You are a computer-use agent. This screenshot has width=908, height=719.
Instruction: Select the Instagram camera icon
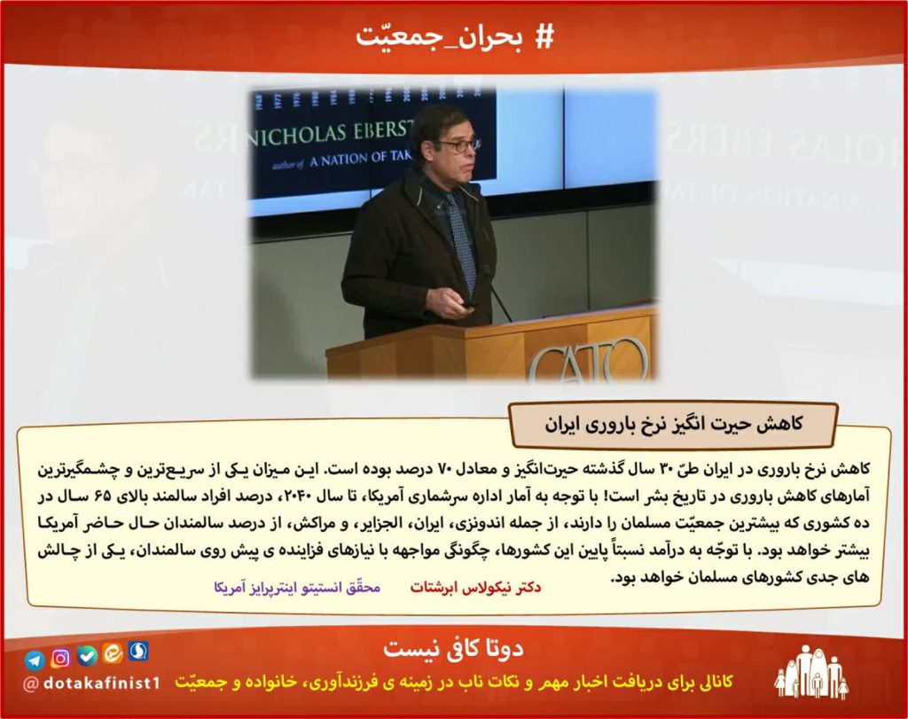click(60, 658)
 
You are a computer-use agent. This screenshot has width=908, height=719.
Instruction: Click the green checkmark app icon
click(87, 655)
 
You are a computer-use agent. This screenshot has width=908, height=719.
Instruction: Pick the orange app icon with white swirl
click(113, 653)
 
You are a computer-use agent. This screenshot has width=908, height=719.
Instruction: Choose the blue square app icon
click(138, 651)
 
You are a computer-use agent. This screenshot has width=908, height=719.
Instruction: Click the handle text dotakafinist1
click(91, 684)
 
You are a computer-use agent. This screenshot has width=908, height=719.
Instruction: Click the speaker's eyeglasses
click(459, 145)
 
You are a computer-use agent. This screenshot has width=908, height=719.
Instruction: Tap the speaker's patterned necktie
click(461, 243)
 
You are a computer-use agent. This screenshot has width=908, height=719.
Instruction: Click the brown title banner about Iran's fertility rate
click(673, 425)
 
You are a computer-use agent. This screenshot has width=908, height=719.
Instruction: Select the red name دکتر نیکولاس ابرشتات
click(476, 588)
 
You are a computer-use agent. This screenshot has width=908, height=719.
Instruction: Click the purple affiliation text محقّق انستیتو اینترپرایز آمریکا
click(297, 588)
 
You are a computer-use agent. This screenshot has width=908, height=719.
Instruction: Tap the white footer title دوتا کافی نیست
click(453, 648)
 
